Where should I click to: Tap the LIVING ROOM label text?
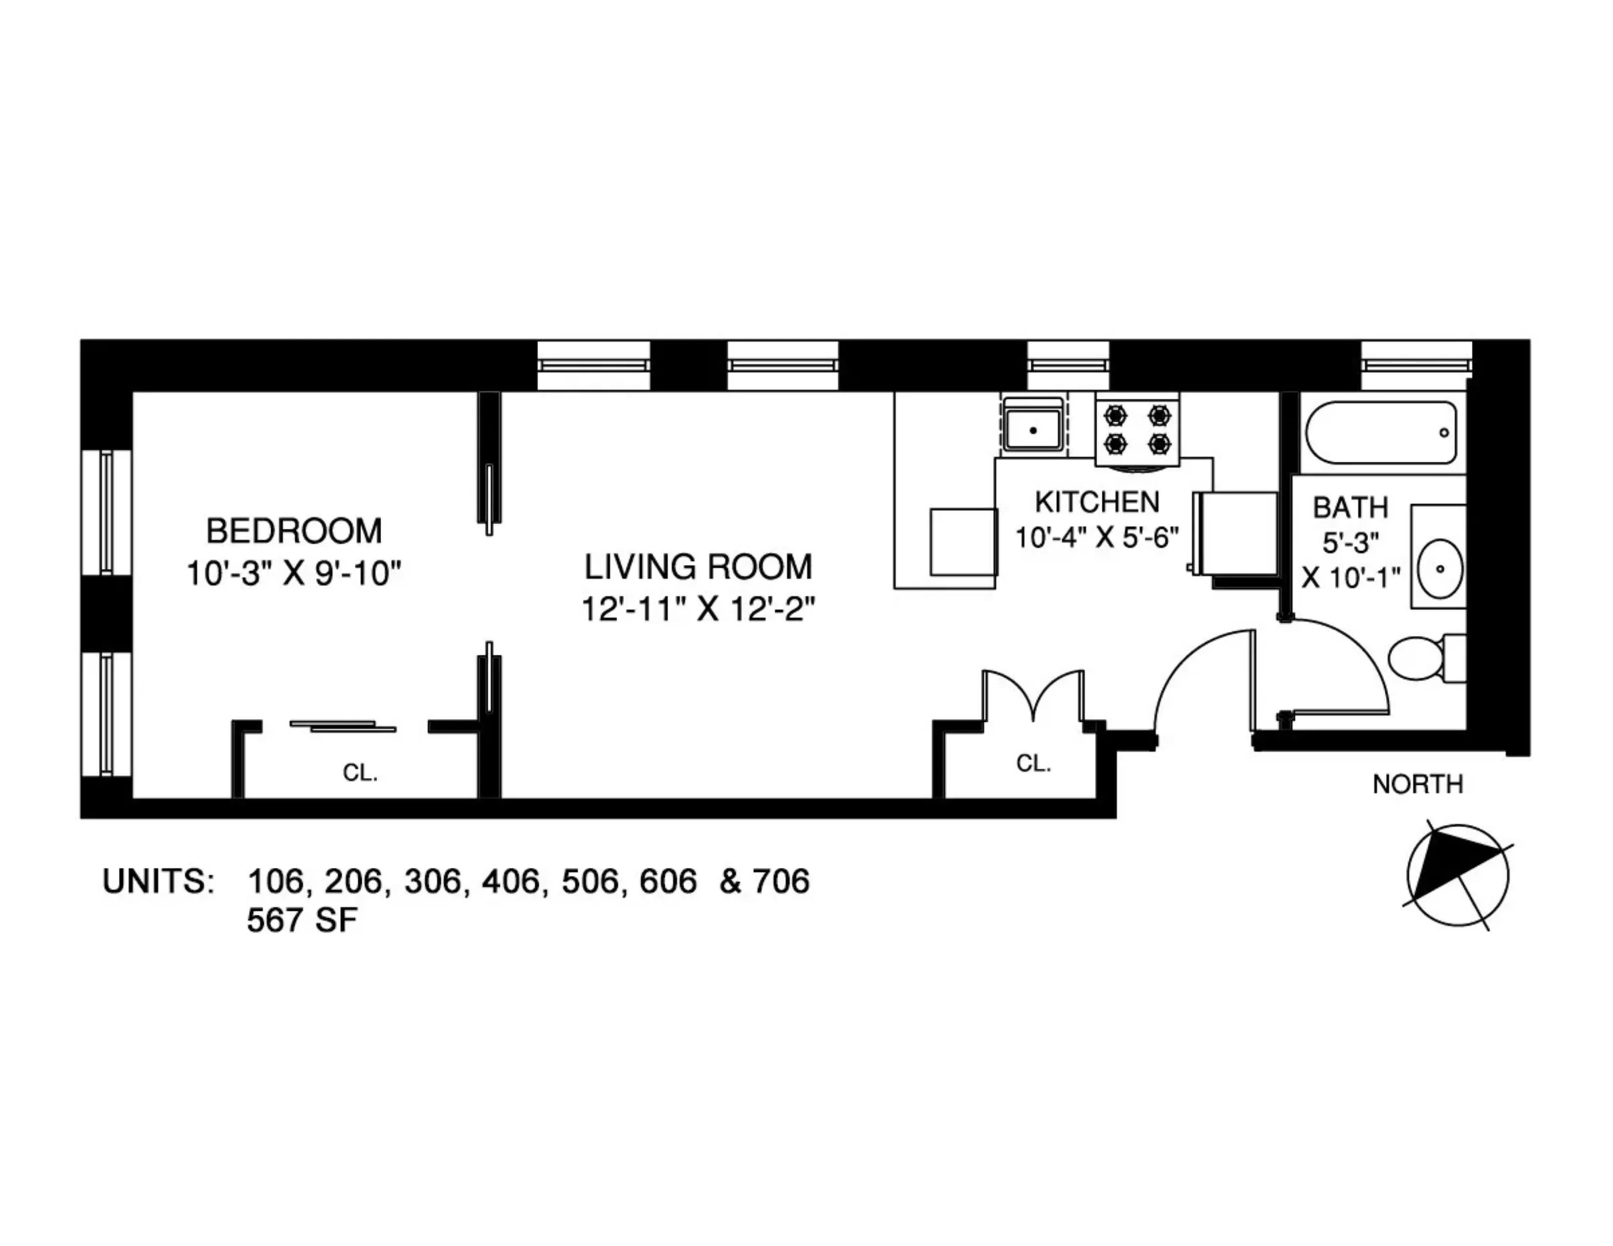click(x=698, y=567)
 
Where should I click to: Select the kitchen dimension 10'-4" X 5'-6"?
click(x=1097, y=537)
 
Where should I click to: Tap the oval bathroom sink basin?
click(x=1439, y=568)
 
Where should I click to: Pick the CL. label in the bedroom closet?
click(x=360, y=773)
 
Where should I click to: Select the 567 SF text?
click(x=302, y=921)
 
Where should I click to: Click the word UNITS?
click(x=158, y=881)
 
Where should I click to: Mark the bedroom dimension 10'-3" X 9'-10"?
click(x=293, y=574)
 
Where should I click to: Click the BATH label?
click(x=1350, y=508)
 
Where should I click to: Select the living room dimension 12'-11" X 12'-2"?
click(x=698, y=610)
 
